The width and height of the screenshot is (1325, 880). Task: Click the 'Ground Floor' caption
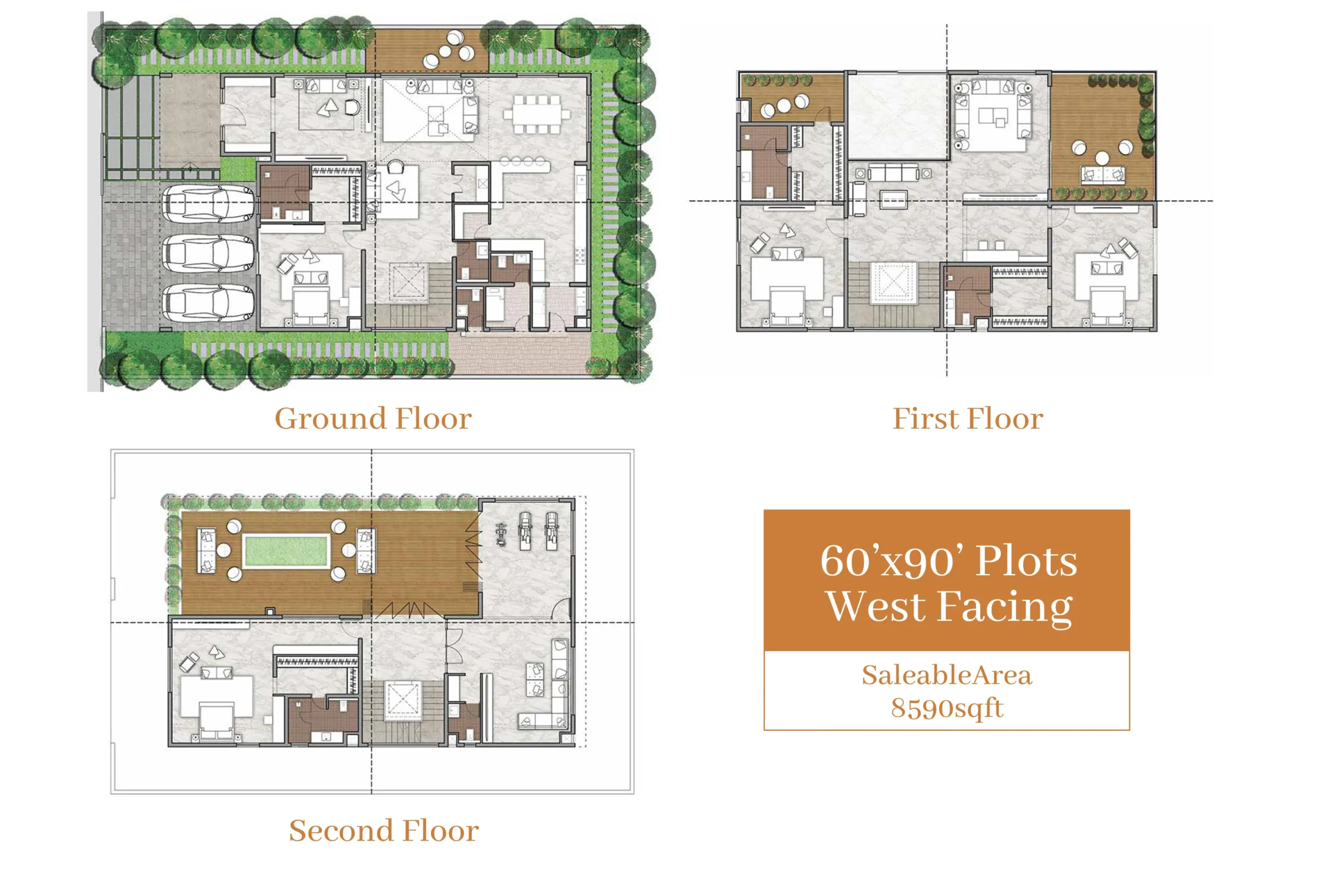click(x=373, y=419)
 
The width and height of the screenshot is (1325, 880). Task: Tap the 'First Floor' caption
click(x=967, y=419)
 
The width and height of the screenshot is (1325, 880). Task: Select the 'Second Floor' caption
click(x=384, y=831)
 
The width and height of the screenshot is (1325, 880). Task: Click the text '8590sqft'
click(x=947, y=708)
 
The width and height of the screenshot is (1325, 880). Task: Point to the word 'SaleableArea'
click(x=947, y=674)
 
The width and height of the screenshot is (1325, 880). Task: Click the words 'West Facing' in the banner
click(x=950, y=607)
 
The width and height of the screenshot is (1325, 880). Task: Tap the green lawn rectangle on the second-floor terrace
click(x=285, y=551)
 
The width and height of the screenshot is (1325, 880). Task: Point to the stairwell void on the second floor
click(x=402, y=700)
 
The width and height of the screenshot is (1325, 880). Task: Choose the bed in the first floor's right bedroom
click(x=1107, y=306)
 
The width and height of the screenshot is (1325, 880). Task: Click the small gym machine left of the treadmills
click(x=501, y=534)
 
